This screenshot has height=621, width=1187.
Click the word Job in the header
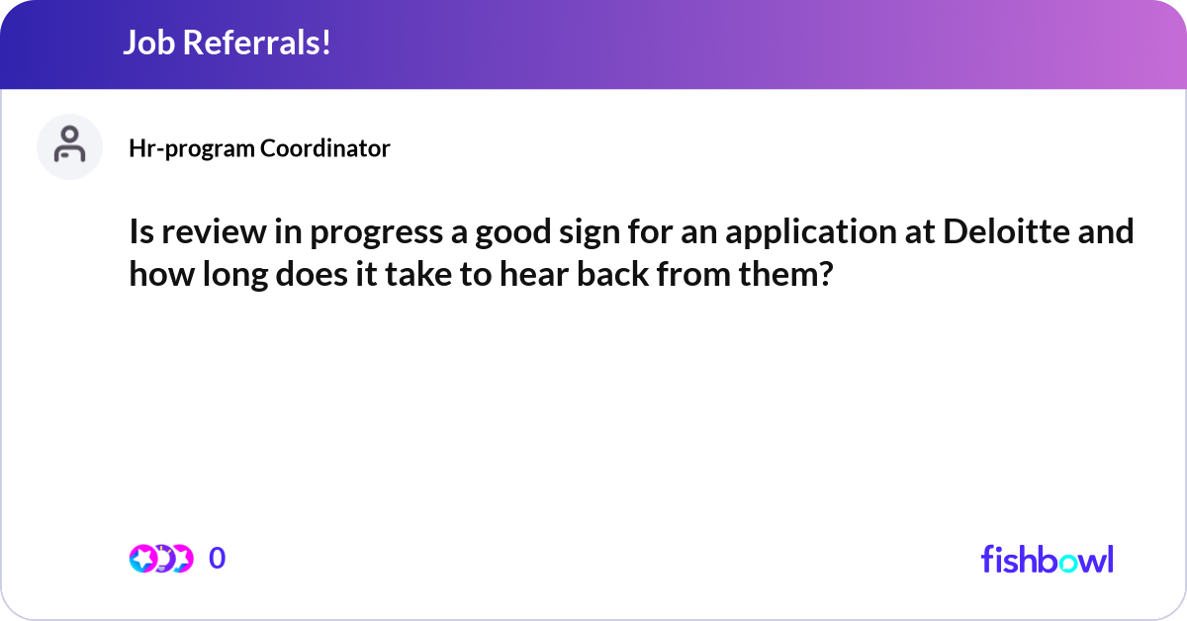click(x=149, y=43)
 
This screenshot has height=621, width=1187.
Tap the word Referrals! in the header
click(x=257, y=43)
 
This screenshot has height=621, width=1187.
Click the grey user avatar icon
click(x=69, y=146)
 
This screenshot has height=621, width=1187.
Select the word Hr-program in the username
click(x=192, y=149)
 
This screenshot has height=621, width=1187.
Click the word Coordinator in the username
click(x=325, y=148)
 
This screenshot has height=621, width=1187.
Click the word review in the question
click(x=214, y=232)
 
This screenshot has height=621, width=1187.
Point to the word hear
click(x=534, y=275)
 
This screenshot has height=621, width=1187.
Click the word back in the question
click(x=612, y=275)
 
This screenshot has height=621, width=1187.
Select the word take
click(x=418, y=275)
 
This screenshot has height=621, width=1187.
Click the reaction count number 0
click(x=218, y=558)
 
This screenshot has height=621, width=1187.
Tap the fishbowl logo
click(x=1048, y=559)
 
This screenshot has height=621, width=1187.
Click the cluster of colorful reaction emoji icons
click(x=161, y=559)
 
